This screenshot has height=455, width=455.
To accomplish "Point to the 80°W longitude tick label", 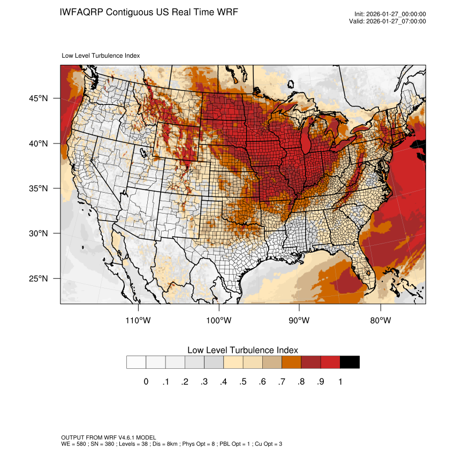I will click(x=380, y=321).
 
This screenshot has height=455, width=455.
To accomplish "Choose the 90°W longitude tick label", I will click(x=299, y=321).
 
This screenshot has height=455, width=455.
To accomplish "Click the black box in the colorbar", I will click(x=350, y=362).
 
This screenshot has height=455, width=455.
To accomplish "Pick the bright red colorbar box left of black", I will click(x=330, y=362).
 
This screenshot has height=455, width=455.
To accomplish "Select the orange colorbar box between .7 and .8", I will click(x=291, y=362).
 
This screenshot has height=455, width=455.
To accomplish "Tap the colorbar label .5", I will click(x=242, y=382).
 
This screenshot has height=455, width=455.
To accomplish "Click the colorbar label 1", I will click(x=340, y=382).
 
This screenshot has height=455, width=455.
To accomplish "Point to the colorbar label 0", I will click(x=146, y=382).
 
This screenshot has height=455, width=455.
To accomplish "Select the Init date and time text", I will click(x=390, y=14).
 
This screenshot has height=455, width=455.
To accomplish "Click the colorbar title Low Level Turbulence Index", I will click(x=242, y=350).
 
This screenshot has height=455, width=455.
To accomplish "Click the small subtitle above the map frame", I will click(x=101, y=56).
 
